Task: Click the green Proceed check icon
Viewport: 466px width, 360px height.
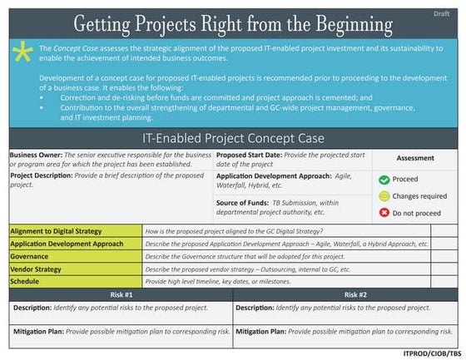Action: click(384, 180)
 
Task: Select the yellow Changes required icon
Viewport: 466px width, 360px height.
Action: click(384, 196)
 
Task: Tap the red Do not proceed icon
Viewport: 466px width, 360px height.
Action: click(384, 213)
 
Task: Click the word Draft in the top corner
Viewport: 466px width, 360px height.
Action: click(441, 14)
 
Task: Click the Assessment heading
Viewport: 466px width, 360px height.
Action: click(414, 158)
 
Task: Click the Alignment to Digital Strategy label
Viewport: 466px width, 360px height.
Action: click(55, 230)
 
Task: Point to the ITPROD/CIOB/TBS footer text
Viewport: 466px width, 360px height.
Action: click(431, 353)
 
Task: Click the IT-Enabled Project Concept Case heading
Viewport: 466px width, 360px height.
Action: click(233, 138)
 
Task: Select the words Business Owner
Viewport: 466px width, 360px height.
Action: click(35, 155)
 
